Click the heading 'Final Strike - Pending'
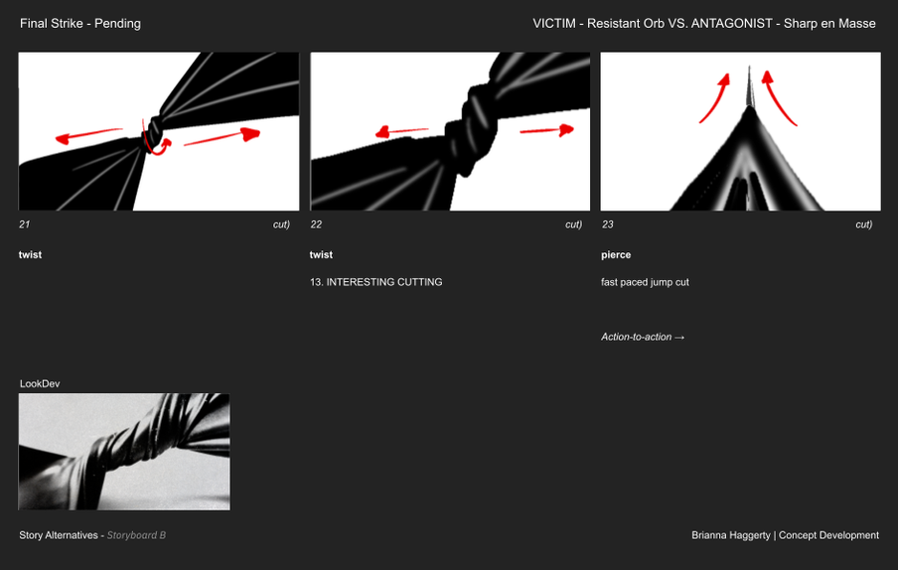[x=80, y=24]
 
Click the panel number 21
[x=24, y=224]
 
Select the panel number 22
[x=316, y=224]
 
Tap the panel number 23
[x=608, y=224]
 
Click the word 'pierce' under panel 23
[x=616, y=254]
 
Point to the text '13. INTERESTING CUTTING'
[x=376, y=282]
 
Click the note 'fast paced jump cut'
[x=645, y=282]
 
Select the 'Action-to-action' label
[x=636, y=337]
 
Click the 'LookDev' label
[x=40, y=384]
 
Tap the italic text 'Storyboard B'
[x=136, y=535]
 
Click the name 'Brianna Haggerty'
[x=731, y=535]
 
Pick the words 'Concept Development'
[x=828, y=535]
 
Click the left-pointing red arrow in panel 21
[x=88, y=135]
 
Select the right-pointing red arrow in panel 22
[x=547, y=131]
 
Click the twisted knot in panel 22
[x=471, y=129]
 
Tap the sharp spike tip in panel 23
[x=749, y=67]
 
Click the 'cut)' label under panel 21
[x=281, y=224]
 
